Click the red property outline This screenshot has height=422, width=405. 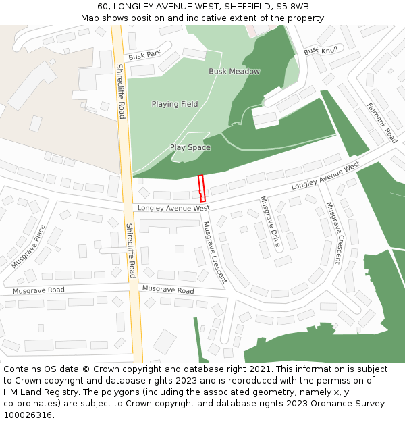(x=201, y=188)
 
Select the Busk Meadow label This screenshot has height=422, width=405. (x=234, y=72)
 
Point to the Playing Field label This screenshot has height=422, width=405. (x=175, y=104)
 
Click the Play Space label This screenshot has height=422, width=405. (x=190, y=147)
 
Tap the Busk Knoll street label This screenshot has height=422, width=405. (x=321, y=51)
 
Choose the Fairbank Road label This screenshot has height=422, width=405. (x=382, y=123)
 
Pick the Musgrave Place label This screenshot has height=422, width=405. (x=28, y=246)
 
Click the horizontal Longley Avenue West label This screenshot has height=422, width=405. (x=173, y=209)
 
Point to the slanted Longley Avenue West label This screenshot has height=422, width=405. (x=326, y=176)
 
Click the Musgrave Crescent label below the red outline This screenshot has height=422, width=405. (x=215, y=253)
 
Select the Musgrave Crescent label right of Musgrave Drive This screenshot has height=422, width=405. (x=333, y=232)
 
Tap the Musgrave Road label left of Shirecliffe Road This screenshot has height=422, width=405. (x=38, y=290)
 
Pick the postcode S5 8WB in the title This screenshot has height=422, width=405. (x=294, y=7)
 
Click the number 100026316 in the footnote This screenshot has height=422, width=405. (x=28, y=415)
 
